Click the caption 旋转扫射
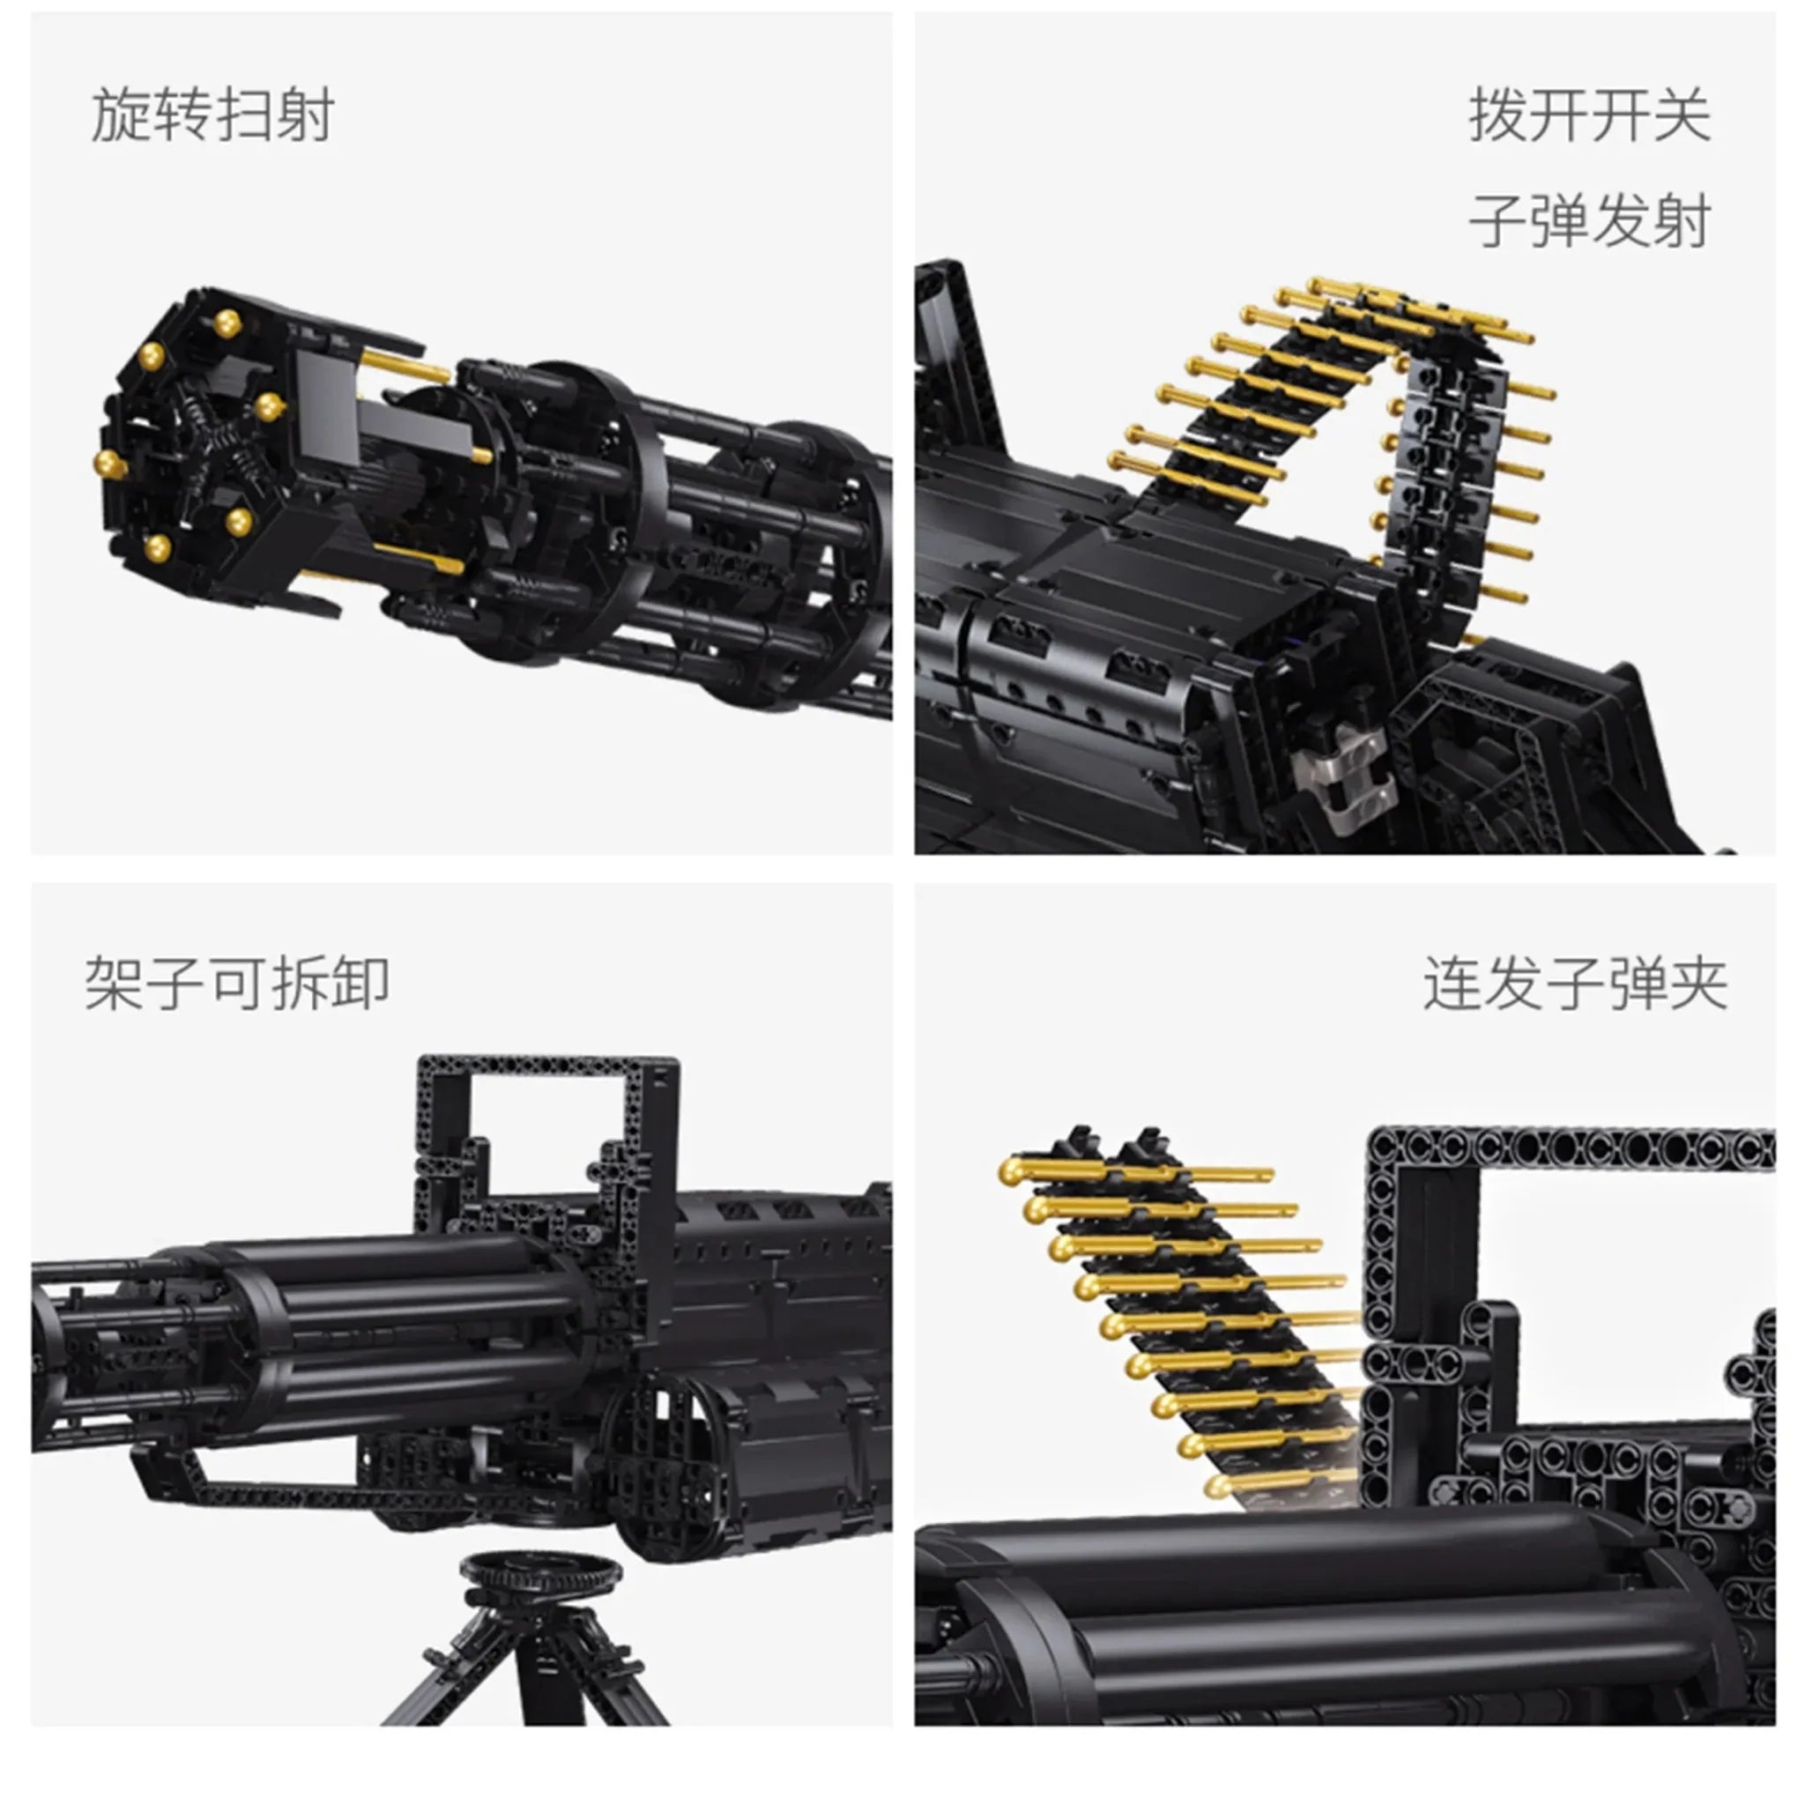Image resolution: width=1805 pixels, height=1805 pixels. pyautogui.click(x=212, y=115)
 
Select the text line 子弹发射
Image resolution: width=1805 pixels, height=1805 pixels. pyautogui.click(x=1589, y=221)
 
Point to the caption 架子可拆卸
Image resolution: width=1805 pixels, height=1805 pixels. pyautogui.click(x=236, y=984)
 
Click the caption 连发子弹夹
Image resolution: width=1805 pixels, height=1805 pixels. pyautogui.click(x=1575, y=984)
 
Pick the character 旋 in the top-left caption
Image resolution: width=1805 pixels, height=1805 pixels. pyautogui.click(x=121, y=115)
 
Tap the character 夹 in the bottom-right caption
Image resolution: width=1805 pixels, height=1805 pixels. pyautogui.click(x=1697, y=984)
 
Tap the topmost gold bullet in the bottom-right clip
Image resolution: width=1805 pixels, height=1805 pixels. pyautogui.click(x=1135, y=1173)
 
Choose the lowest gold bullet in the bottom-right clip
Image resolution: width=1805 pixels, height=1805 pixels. pyautogui.click(x=1280, y=1483)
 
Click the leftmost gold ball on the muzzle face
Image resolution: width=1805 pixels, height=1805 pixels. pyautogui.click(x=111, y=464)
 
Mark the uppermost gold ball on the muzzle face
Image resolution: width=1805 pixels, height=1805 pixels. pyautogui.click(x=227, y=323)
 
